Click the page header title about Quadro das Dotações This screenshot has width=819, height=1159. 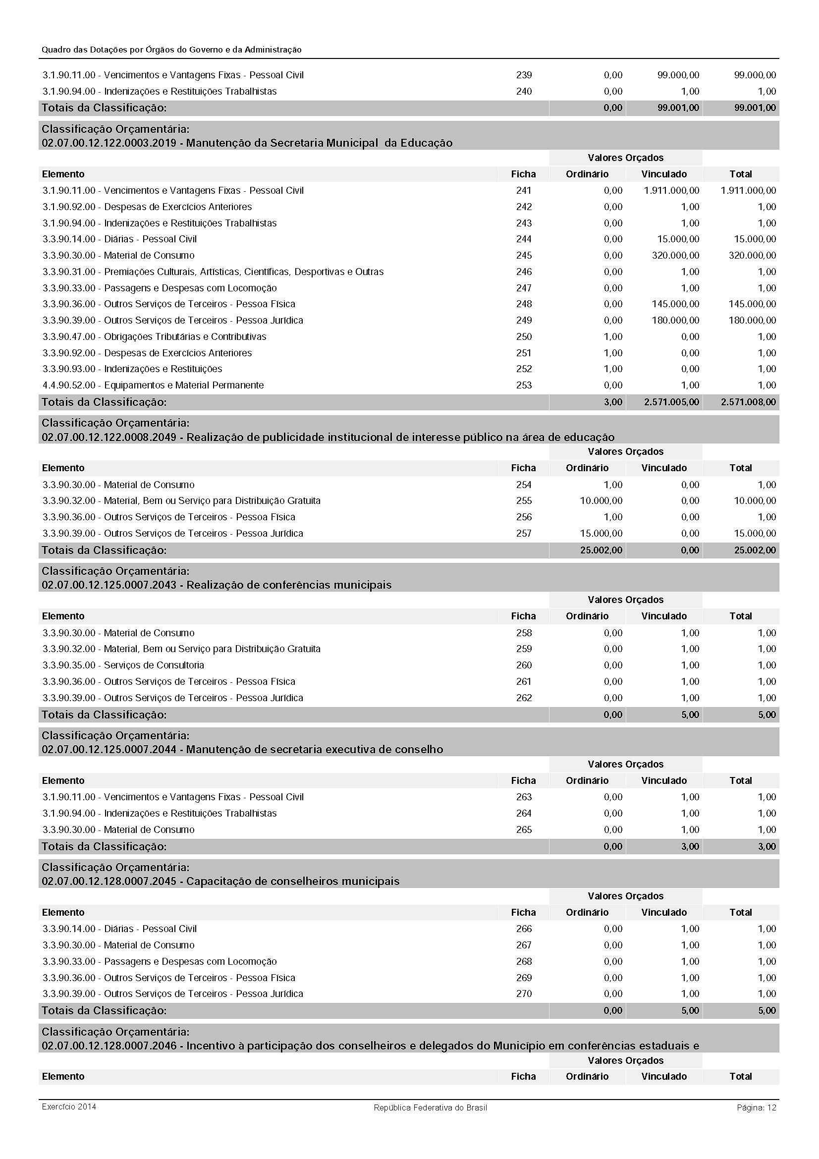coord(171,50)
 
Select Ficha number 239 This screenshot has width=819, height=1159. coord(524,75)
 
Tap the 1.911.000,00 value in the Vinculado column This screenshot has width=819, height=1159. coord(671,191)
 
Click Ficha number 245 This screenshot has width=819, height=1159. coord(524,255)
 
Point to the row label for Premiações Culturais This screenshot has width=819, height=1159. coord(213,272)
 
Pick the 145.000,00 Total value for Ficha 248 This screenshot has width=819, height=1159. coord(752,304)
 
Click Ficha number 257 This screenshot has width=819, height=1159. coord(524,534)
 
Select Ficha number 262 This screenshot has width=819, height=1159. coord(524,698)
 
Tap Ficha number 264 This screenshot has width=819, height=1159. coord(524,813)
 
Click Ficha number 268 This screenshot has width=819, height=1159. coord(524,962)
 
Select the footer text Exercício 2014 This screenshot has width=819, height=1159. coord(69,1107)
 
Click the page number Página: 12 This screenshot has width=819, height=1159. coord(756,1107)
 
